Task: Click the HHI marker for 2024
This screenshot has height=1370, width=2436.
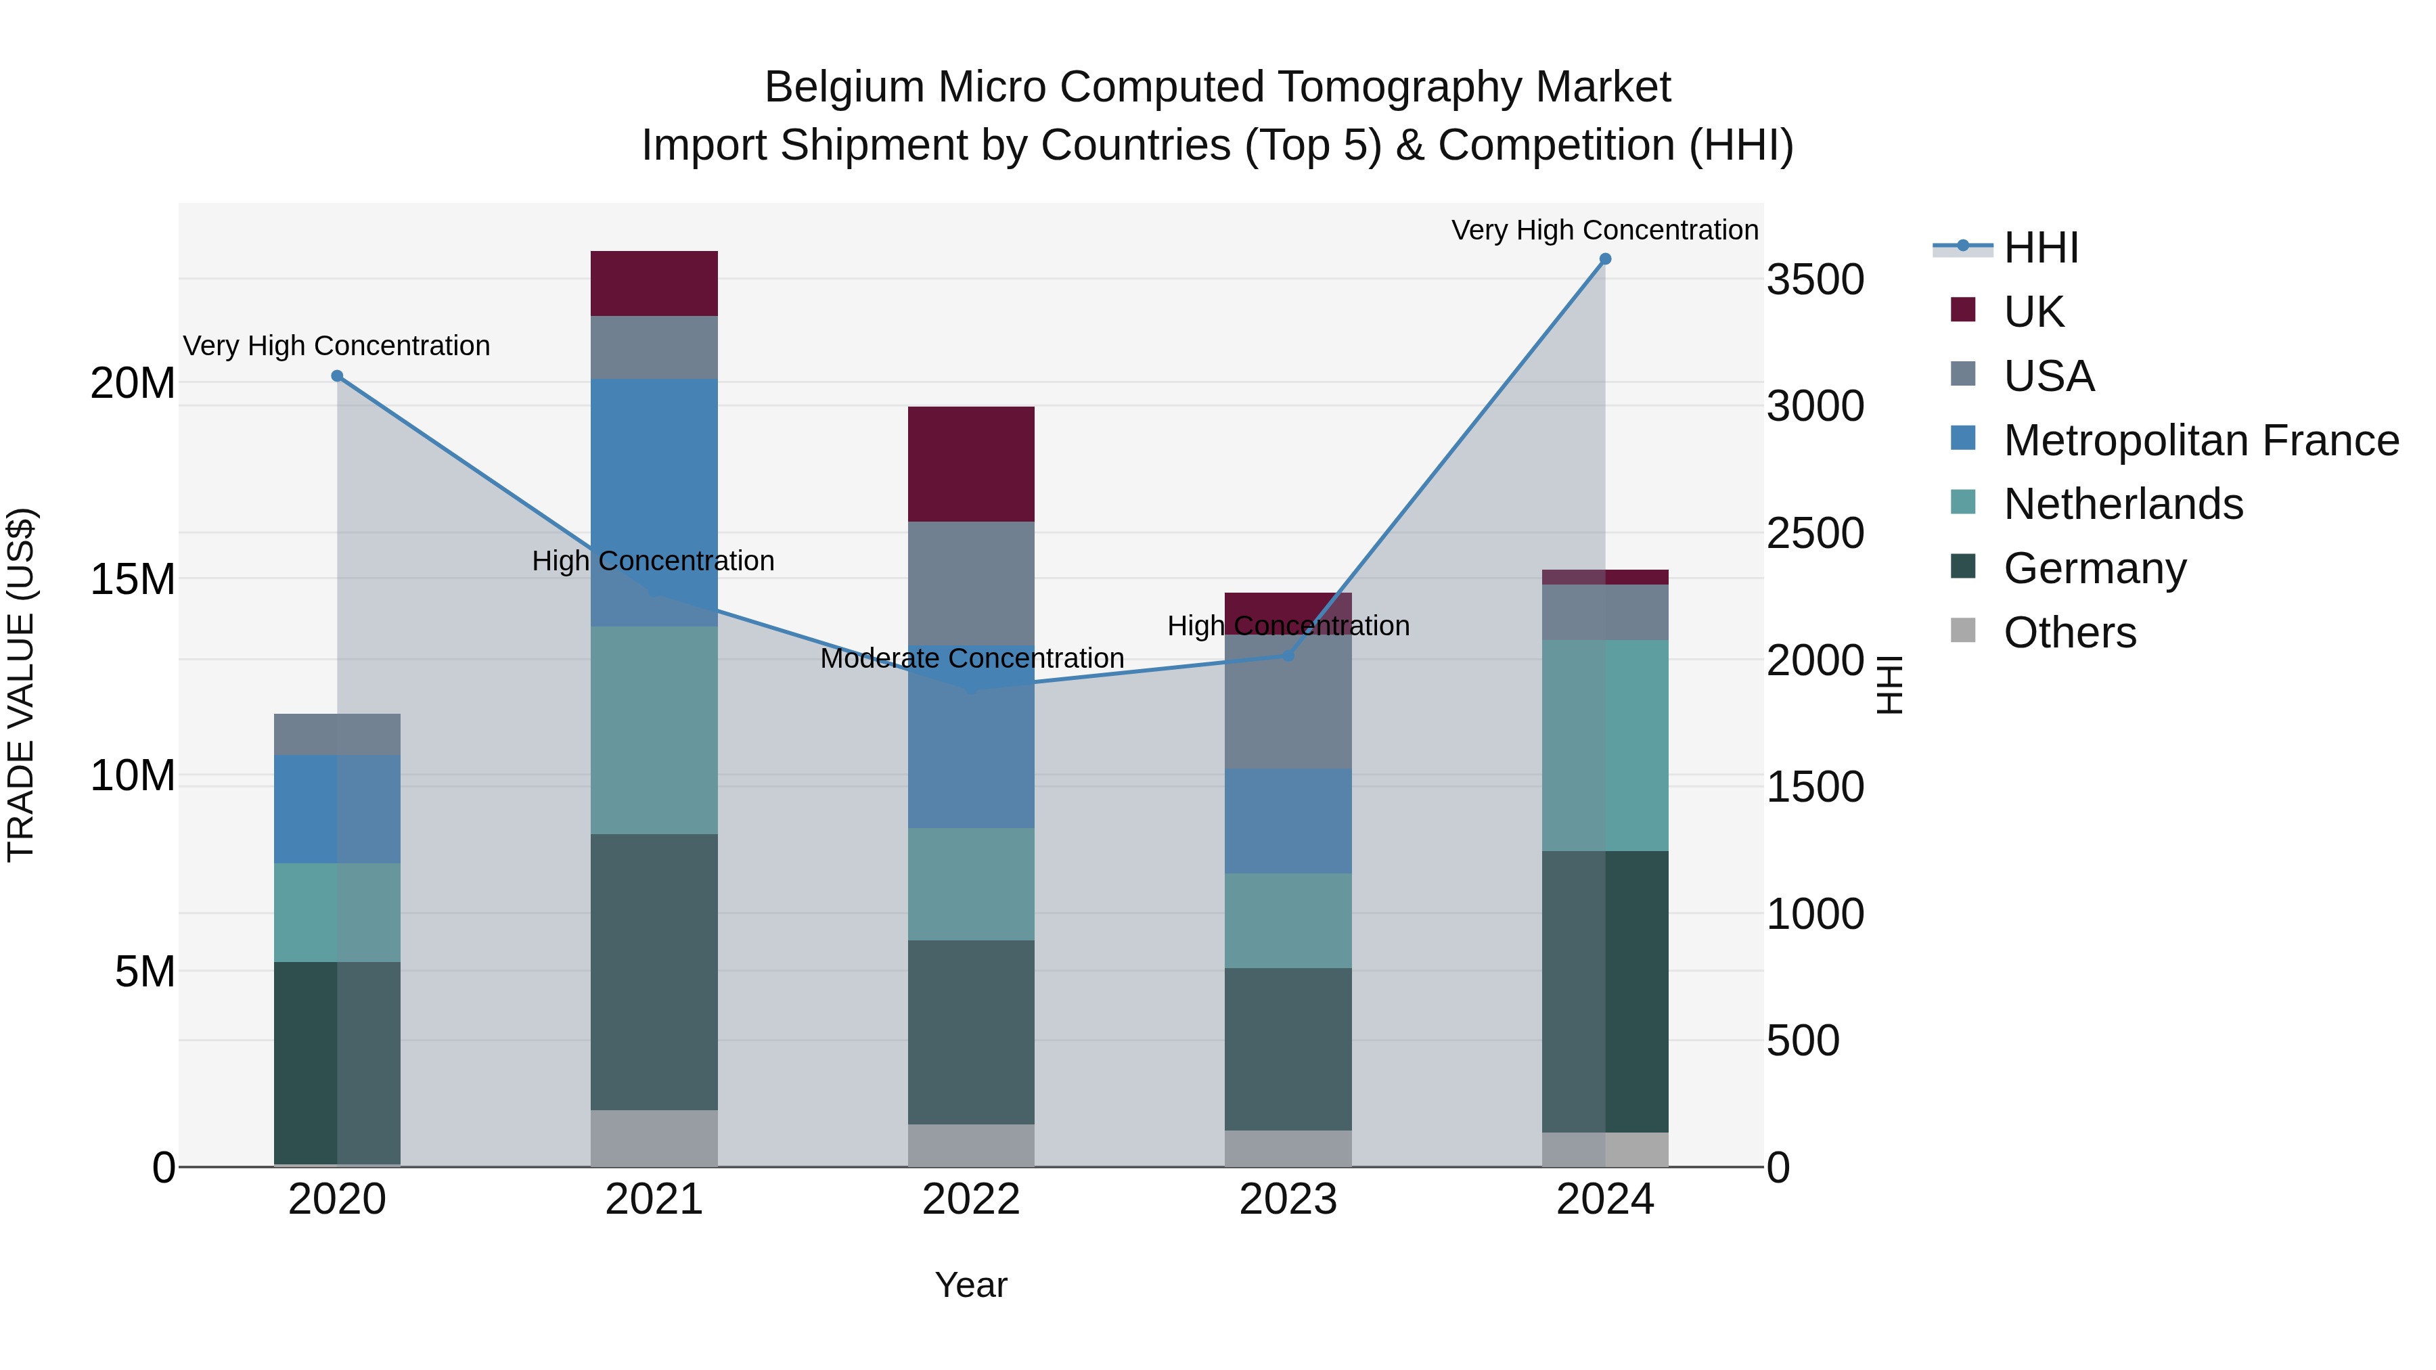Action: pos(1605,259)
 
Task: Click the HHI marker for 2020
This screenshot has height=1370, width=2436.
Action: pos(337,376)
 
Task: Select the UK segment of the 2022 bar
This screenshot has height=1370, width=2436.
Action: pos(971,463)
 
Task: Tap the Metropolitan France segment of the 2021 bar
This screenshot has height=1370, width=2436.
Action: pos(654,501)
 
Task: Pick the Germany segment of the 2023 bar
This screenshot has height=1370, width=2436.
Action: pos(1288,1049)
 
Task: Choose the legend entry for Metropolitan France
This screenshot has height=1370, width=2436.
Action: pos(2200,440)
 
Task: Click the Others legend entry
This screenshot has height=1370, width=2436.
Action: pos(2069,633)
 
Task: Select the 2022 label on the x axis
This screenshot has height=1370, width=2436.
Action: pos(970,1200)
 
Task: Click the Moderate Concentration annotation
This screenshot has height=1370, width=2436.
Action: pos(971,658)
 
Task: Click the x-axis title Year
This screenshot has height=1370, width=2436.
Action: pos(970,1285)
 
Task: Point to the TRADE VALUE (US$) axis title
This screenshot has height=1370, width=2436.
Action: pos(21,685)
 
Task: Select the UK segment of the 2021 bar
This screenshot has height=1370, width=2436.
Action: pos(654,283)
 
